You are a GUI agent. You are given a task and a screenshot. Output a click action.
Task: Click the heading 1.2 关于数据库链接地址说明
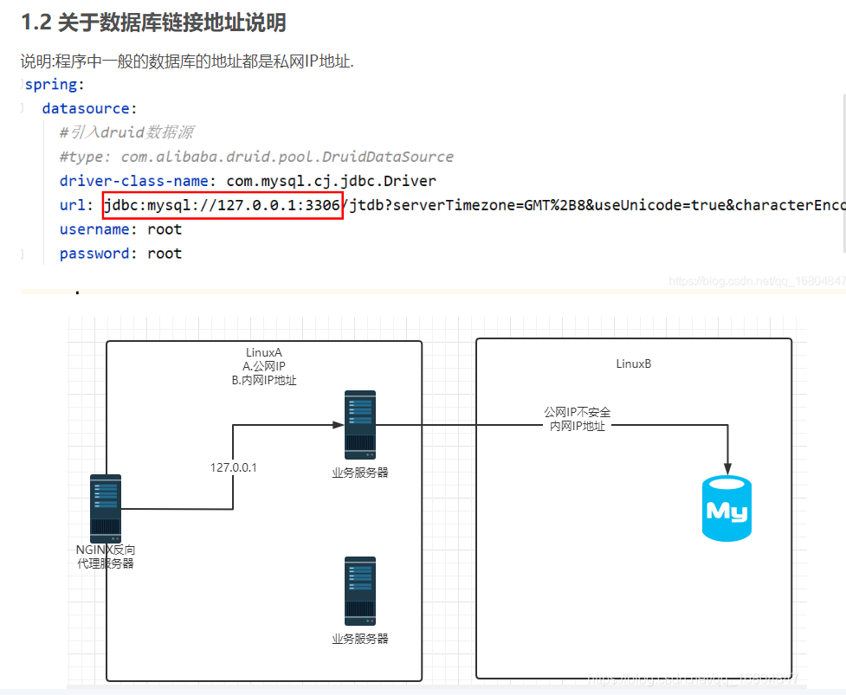pyautogui.click(x=153, y=23)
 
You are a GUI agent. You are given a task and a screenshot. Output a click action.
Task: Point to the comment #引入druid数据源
pyautogui.click(x=126, y=132)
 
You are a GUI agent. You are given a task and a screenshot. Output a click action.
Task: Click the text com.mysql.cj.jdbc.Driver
pyautogui.click(x=331, y=181)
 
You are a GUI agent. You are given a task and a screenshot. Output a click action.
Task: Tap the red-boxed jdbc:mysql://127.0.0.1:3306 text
pyautogui.click(x=223, y=206)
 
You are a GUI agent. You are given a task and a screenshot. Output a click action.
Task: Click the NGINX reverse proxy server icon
pyautogui.click(x=106, y=508)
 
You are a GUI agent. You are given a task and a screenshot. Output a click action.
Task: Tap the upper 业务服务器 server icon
pyautogui.click(x=360, y=424)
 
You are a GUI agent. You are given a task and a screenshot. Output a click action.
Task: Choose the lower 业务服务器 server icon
pyautogui.click(x=360, y=591)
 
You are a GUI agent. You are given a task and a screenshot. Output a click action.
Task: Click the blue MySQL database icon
pyautogui.click(x=727, y=509)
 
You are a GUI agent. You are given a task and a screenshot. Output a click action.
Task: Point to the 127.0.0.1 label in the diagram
pyautogui.click(x=234, y=467)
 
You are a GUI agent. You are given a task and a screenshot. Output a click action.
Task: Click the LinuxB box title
pyautogui.click(x=633, y=364)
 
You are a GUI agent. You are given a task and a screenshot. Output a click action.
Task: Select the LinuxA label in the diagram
pyautogui.click(x=264, y=353)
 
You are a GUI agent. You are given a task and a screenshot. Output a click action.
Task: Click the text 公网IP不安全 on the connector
pyautogui.click(x=578, y=412)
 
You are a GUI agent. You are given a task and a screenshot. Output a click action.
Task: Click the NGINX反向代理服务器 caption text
pyautogui.click(x=106, y=557)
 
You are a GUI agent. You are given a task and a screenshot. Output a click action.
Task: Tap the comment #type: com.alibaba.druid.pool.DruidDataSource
pyautogui.click(x=256, y=157)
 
